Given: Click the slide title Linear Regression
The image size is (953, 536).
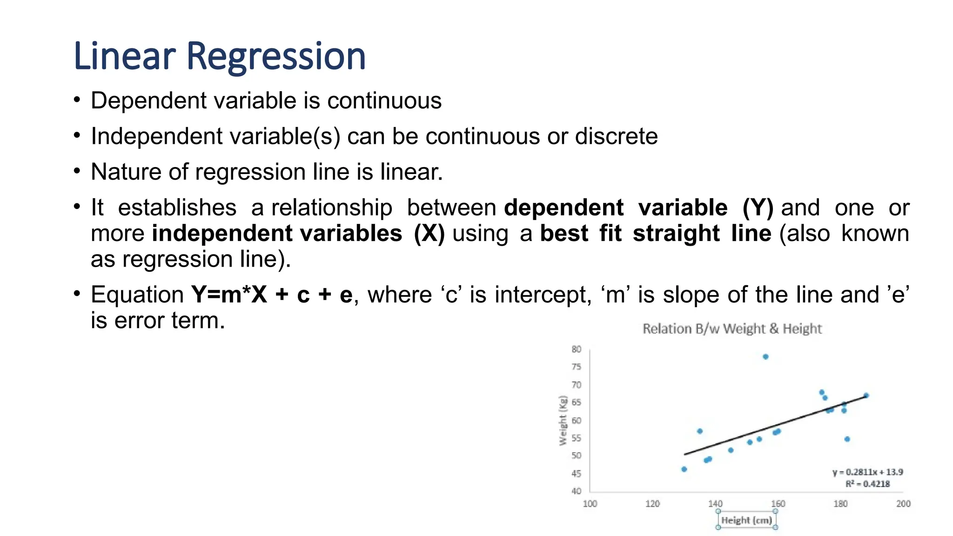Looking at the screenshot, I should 220,56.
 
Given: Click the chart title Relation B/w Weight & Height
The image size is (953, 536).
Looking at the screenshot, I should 732,329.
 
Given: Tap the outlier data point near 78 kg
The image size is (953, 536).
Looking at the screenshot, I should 765,357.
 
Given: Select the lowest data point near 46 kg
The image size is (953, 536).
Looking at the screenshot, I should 684,469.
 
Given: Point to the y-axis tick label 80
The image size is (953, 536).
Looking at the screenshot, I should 576,349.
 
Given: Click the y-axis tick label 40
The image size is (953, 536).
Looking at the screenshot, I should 576,491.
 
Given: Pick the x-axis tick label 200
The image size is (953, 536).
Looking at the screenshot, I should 903,503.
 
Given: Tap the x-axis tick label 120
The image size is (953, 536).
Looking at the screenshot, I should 652,503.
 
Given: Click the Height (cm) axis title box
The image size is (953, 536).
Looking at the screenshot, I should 747,520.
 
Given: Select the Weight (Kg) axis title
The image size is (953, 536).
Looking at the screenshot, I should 564,421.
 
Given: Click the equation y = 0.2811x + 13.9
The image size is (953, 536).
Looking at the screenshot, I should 868,472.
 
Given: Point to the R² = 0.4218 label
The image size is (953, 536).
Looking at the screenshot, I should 867,484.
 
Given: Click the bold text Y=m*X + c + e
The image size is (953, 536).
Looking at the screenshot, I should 272,295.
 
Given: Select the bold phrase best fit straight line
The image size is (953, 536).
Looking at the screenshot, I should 655,233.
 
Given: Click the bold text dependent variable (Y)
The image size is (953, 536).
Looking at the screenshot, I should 638,208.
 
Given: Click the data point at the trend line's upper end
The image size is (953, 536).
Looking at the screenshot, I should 866,395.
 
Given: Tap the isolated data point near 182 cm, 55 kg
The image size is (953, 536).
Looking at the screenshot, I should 847,439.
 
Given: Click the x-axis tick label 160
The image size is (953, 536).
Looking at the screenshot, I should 778,503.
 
